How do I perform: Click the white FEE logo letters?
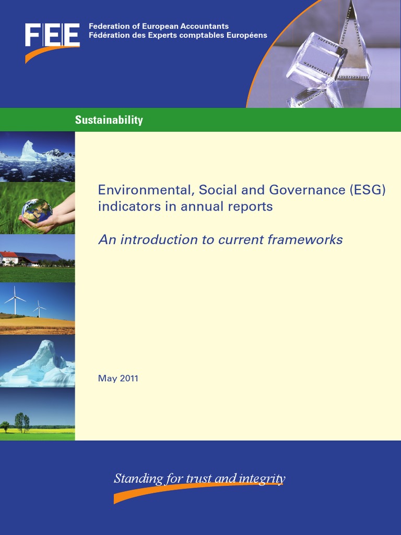pyautogui.click(x=52, y=35)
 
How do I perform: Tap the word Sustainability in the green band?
pyautogui.click(x=109, y=120)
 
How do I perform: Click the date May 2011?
pyautogui.click(x=118, y=378)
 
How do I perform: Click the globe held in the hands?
pyautogui.click(x=37, y=211)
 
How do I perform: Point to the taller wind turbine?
pyautogui.click(x=15, y=299)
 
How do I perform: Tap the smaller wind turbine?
pyautogui.click(x=39, y=309)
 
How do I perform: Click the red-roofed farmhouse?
pyautogui.click(x=9, y=258)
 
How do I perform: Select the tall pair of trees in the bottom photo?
pyautogui.click(x=22, y=421)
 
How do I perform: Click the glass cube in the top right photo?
pyautogui.click(x=315, y=60)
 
